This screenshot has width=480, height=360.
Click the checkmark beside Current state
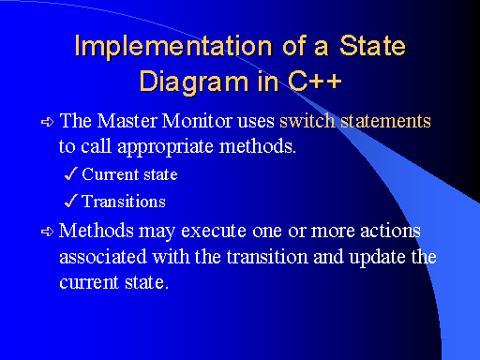pos(71,173)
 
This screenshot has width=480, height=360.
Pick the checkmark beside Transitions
pos(71,201)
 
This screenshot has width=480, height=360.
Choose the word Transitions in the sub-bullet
pos(124,202)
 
